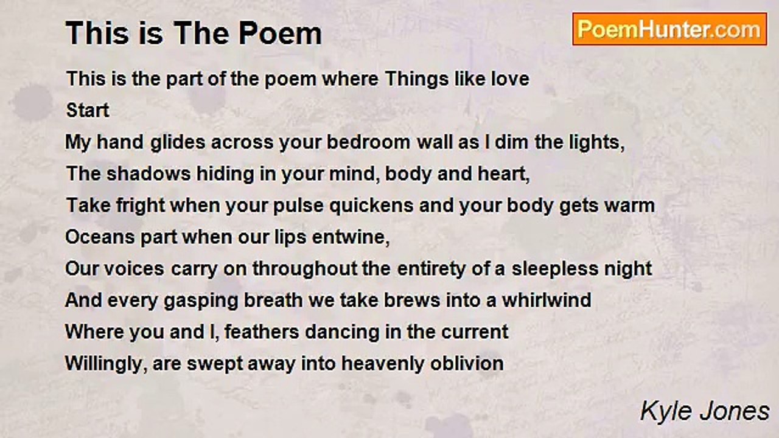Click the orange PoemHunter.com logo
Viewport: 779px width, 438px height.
[x=669, y=29]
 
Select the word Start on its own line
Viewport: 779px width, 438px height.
[x=88, y=111]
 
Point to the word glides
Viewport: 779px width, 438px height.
[x=178, y=143]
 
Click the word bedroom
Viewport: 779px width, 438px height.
[x=369, y=142]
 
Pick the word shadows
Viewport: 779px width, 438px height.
[x=148, y=174]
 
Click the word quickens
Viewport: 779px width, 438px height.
[x=371, y=206]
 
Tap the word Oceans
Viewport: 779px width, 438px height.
[x=100, y=237]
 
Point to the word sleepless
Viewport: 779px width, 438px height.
[x=554, y=269]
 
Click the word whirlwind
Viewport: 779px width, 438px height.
[x=547, y=301]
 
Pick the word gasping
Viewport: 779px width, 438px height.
[x=201, y=301]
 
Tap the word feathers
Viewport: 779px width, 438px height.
[x=262, y=332]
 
